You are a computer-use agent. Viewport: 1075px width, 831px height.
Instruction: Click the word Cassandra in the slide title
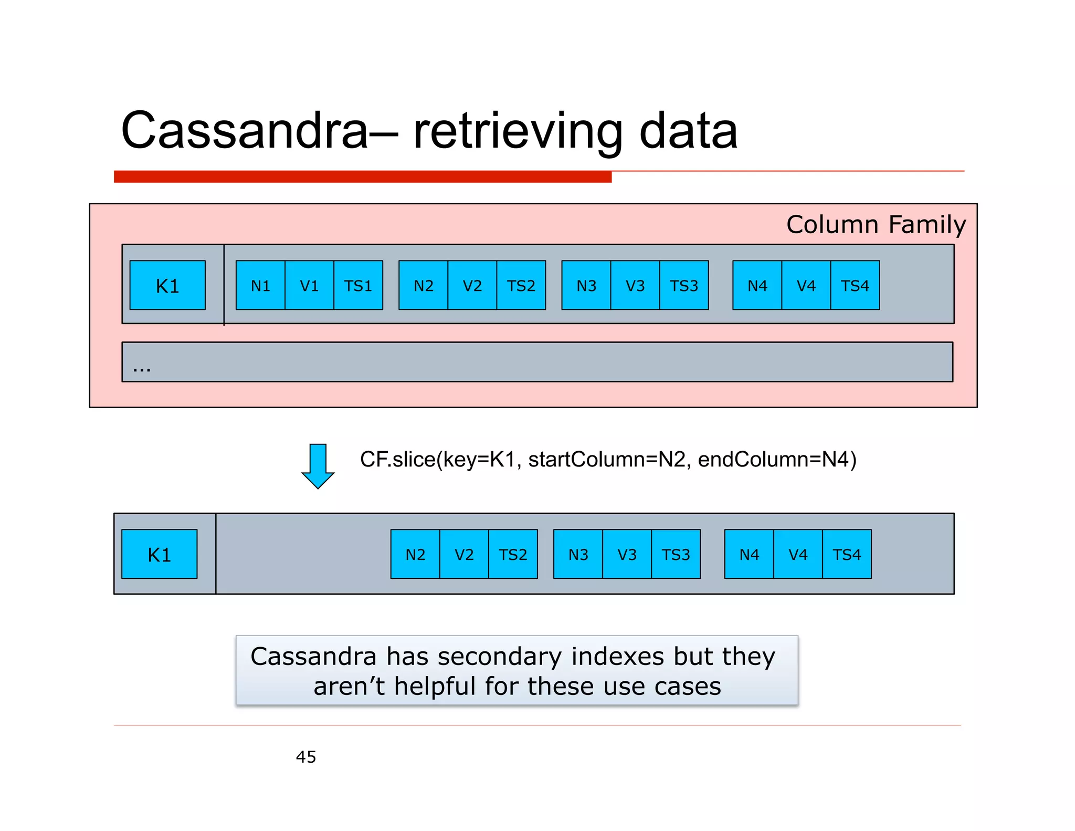245,131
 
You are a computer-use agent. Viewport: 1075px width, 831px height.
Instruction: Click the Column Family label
876,225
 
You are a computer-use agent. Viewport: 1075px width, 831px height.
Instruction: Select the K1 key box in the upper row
167,285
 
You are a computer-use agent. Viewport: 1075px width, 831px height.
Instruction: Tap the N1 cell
260,285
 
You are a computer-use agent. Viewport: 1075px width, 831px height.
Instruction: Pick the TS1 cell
358,285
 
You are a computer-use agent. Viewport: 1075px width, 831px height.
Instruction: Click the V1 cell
309,285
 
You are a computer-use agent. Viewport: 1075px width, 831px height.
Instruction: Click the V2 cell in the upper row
472,285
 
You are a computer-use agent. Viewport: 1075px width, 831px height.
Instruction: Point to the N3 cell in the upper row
586,285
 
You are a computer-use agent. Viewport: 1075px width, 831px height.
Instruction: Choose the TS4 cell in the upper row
855,285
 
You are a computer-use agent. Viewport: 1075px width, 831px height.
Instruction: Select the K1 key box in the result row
159,554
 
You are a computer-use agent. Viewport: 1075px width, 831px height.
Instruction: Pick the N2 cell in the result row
415,554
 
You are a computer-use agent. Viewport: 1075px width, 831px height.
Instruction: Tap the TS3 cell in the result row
676,554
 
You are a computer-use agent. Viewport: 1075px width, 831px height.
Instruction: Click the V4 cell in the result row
798,554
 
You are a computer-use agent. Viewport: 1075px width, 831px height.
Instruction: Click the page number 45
306,757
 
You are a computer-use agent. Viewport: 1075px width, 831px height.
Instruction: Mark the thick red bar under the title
362,176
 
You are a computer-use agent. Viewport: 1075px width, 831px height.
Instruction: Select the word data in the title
688,131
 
